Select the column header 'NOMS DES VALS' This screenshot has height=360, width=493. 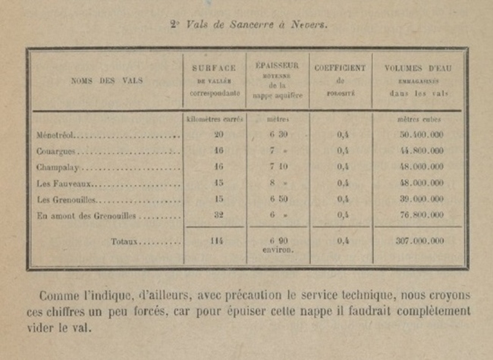[x=104, y=81]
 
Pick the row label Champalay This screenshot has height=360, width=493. [x=54, y=167]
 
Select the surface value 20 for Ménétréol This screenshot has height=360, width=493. [x=219, y=134]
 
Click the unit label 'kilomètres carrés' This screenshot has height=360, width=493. [x=215, y=120]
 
